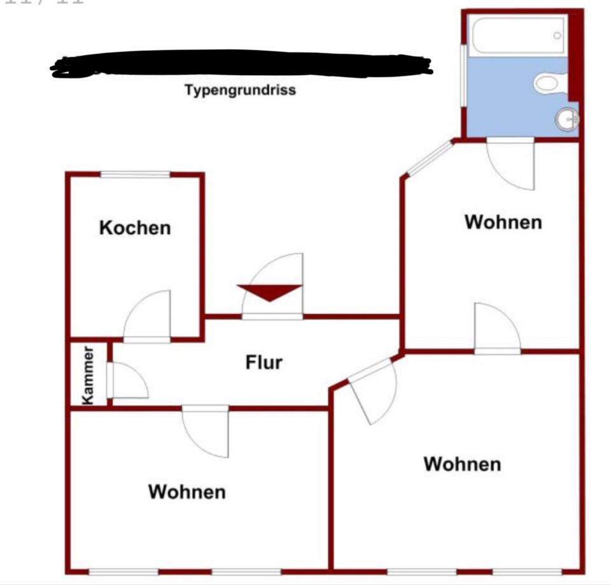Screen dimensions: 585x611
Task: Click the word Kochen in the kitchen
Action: tap(135, 227)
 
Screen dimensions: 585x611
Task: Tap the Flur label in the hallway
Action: tap(263, 362)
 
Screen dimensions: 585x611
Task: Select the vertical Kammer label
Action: tap(88, 375)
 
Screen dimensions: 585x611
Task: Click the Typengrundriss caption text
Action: tap(240, 90)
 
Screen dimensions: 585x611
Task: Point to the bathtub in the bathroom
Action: tap(518, 36)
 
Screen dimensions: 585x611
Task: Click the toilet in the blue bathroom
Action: tap(549, 83)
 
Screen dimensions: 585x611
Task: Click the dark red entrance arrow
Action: tap(269, 292)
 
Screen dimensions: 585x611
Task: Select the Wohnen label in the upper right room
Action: tap(503, 222)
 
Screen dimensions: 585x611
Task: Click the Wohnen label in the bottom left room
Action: tap(186, 492)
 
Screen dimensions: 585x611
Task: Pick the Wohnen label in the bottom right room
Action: tap(462, 464)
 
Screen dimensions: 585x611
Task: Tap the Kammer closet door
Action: tap(127, 382)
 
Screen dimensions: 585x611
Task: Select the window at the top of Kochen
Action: tap(135, 174)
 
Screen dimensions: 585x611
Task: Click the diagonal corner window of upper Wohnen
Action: tap(429, 157)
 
